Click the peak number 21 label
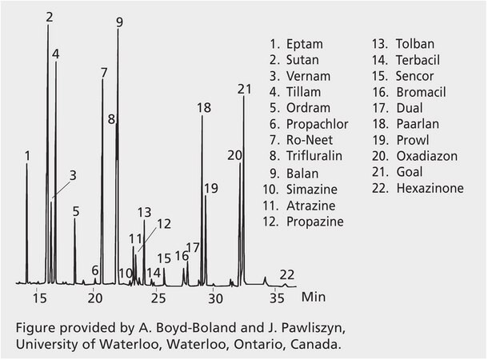pos(245,89)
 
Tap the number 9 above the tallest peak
pos(119,22)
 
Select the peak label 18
pos(203,108)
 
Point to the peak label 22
pos(287,274)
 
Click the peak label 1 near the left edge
pos(28,155)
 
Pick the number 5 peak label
pos(76,211)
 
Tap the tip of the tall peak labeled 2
pos(48,26)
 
